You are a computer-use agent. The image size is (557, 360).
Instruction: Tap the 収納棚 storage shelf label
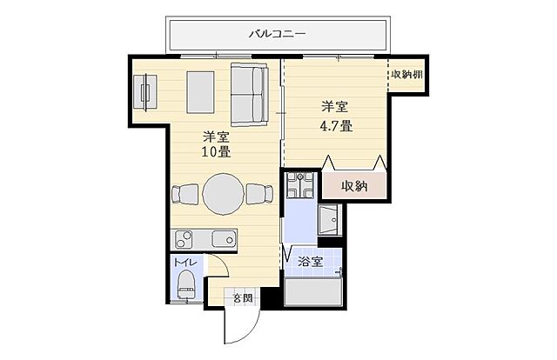pyautogui.click(x=406, y=74)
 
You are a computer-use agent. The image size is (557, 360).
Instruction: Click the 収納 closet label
pyautogui.click(x=352, y=185)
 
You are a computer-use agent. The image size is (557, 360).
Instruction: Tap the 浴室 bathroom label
pyautogui.click(x=310, y=260)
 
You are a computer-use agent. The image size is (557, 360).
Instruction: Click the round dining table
pyautogui.click(x=224, y=193)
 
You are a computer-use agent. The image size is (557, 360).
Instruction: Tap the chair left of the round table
pyautogui.click(x=185, y=194)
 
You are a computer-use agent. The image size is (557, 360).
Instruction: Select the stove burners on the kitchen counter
pyautogui.click(x=185, y=238)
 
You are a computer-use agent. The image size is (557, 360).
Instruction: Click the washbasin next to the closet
pyautogui.click(x=332, y=220)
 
